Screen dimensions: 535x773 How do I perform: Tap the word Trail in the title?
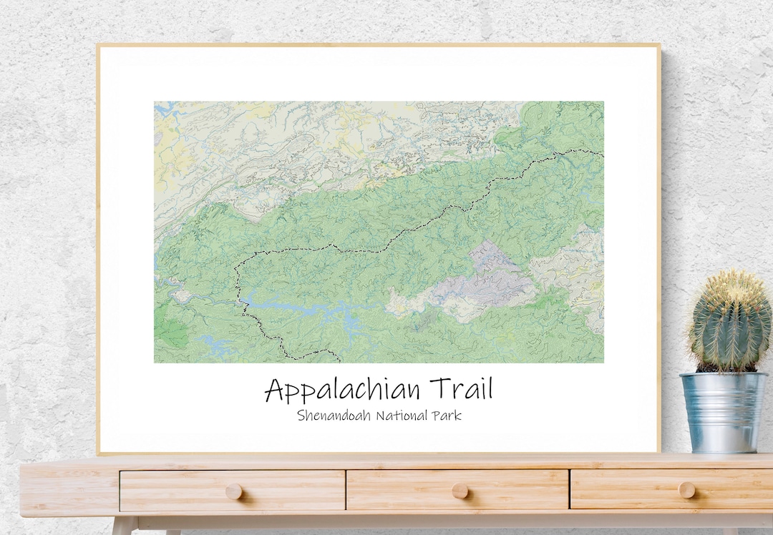tap(461, 390)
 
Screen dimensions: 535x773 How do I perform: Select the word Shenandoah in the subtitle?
tap(334, 416)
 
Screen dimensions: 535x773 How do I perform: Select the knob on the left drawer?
tap(233, 491)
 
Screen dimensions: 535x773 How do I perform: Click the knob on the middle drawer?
tap(460, 491)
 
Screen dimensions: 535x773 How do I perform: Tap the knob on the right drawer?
tap(686, 490)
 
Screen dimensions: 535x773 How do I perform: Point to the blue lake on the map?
tap(301, 308)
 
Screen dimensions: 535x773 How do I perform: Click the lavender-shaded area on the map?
tap(494, 275)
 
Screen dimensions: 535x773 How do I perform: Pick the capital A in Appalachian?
tap(276, 391)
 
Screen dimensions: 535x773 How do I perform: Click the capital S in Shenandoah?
tap(301, 416)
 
